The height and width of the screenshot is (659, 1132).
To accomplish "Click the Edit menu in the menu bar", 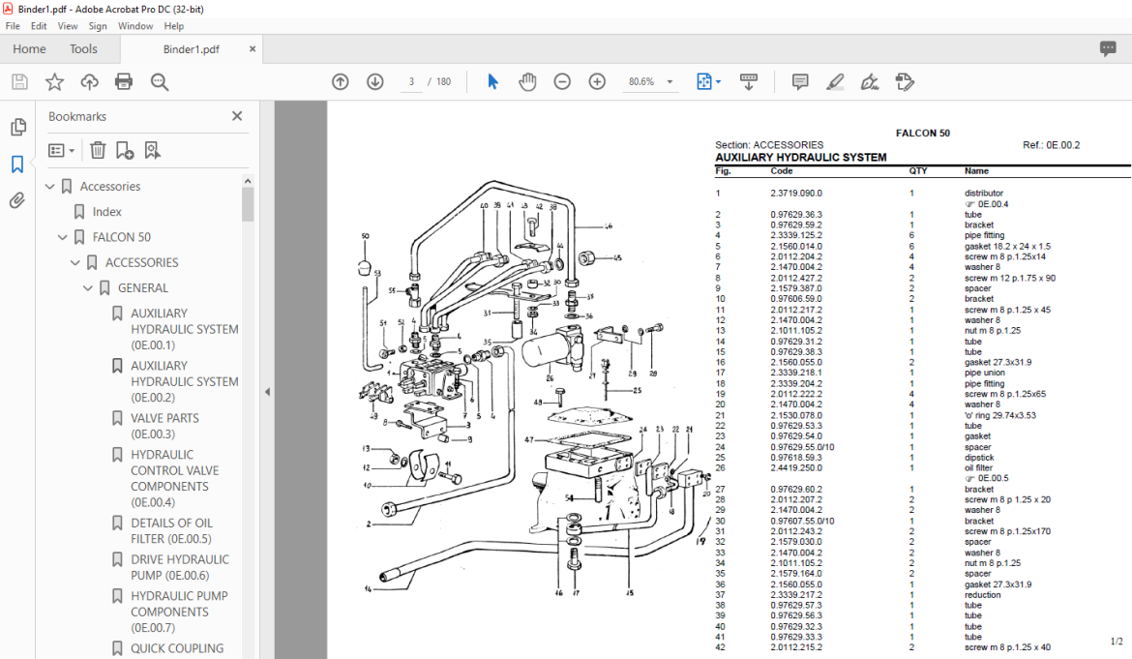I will (39, 26).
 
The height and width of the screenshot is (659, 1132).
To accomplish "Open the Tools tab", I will (83, 49).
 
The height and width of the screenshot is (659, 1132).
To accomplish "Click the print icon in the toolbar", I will (124, 82).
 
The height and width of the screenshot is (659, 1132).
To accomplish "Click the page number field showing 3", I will (412, 82).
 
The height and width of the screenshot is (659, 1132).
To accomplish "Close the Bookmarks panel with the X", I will (237, 116).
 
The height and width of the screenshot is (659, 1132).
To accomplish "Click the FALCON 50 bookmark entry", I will (122, 237).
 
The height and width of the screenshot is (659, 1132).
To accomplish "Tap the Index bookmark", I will (107, 212).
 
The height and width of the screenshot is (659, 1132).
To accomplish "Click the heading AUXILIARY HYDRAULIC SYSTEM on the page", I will (800, 157).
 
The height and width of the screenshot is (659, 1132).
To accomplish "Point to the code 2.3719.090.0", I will (796, 194).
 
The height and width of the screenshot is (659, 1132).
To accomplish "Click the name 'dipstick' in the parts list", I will (980, 458).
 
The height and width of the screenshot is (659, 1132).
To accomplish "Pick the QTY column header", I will (917, 171).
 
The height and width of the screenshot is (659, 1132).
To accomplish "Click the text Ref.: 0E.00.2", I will (1051, 145).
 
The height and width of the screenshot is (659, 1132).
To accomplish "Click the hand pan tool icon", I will (527, 82).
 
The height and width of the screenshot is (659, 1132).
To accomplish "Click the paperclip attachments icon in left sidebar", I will (17, 201).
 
